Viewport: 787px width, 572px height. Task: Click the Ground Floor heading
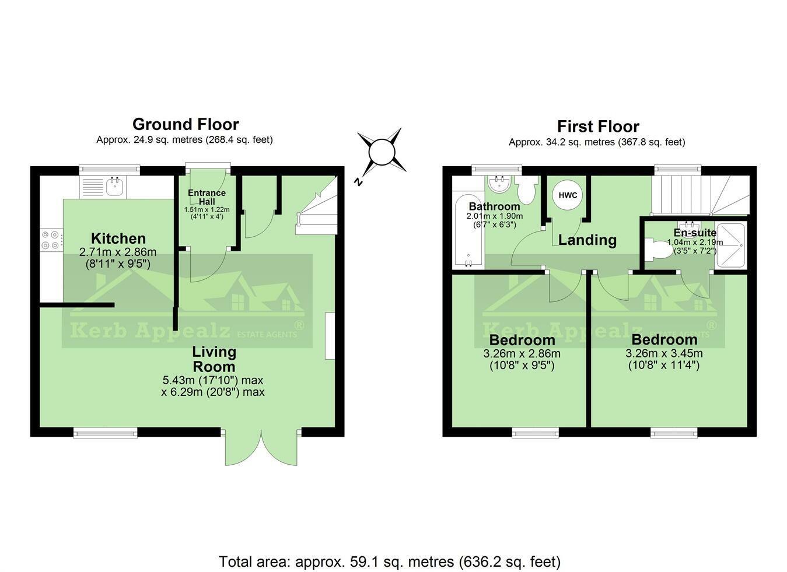click(185, 124)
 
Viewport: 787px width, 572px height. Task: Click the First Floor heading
click(597, 127)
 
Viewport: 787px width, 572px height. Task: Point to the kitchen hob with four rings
click(51, 240)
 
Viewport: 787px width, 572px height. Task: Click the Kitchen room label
click(118, 238)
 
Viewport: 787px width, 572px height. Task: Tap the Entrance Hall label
click(207, 197)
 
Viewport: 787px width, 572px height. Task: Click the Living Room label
click(214, 359)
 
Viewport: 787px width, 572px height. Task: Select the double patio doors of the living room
click(262, 448)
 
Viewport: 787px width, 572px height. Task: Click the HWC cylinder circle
click(568, 195)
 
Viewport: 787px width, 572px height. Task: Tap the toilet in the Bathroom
click(527, 191)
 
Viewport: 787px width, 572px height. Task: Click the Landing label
click(587, 240)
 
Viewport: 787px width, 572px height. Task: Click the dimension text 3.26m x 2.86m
click(522, 353)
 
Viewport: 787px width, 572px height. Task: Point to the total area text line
click(389, 562)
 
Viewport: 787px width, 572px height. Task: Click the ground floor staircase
click(317, 210)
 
